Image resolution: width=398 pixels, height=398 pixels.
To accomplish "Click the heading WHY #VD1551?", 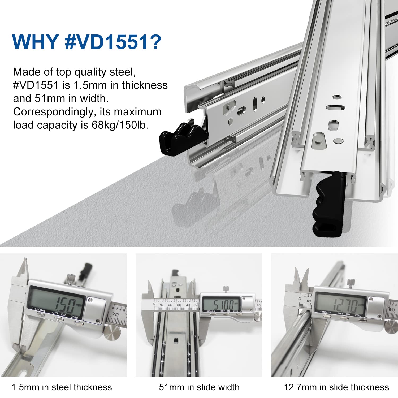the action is pyautogui.click(x=87, y=42).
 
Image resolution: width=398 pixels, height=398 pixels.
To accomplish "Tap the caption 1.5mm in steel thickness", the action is pyautogui.click(x=62, y=387).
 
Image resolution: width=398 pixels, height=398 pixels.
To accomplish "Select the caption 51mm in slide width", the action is pyautogui.click(x=199, y=387).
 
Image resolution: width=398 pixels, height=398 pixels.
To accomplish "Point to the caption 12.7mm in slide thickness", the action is pyautogui.click(x=336, y=387).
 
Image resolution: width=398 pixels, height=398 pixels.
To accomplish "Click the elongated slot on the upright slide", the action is pyautogui.click(x=335, y=107).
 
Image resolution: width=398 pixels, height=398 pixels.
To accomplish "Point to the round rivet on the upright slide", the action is pyautogui.click(x=339, y=141).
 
